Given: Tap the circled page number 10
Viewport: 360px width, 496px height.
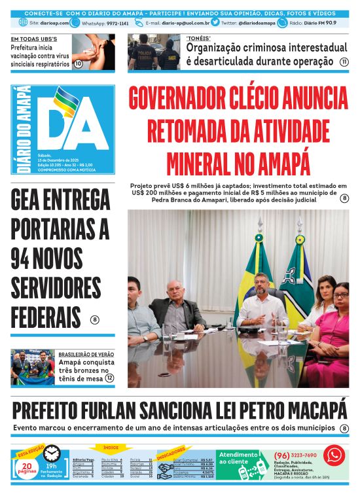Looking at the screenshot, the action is (x=78, y=63).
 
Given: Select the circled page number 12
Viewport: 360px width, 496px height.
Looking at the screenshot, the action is (x=109, y=378).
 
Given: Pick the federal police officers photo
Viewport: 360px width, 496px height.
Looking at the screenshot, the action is (x=154, y=52).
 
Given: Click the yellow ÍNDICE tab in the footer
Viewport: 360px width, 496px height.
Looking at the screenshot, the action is (x=111, y=448).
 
